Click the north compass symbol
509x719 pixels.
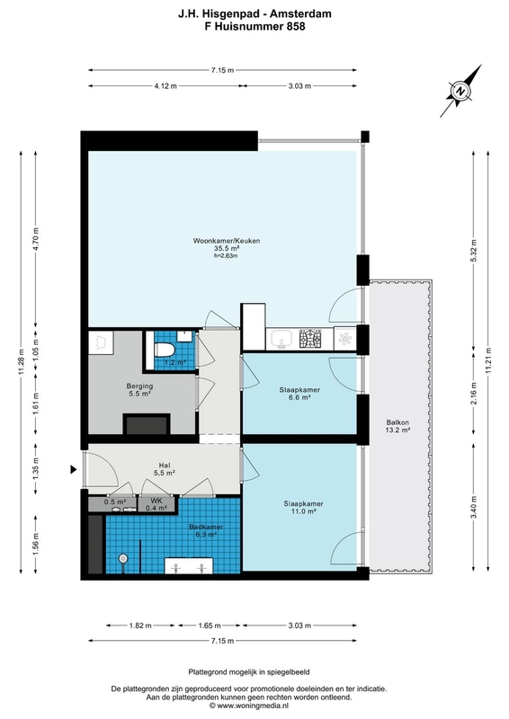(460, 91)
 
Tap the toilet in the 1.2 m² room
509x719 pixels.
(164, 351)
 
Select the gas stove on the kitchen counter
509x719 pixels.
(310, 339)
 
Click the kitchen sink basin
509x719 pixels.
(281, 340)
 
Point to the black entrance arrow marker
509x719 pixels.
(73, 469)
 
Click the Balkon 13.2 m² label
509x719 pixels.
(397, 426)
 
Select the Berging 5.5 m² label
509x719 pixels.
(140, 390)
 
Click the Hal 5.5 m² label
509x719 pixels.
(165, 468)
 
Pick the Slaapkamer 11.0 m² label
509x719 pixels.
(303, 507)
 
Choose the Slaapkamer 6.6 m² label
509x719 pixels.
(299, 394)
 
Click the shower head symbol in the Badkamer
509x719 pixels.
(123, 558)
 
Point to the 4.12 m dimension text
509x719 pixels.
(165, 85)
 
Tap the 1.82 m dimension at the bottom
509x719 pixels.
(140, 625)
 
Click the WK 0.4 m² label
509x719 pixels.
(157, 504)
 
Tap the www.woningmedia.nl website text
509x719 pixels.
(248, 706)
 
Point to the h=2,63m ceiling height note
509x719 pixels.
(226, 256)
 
